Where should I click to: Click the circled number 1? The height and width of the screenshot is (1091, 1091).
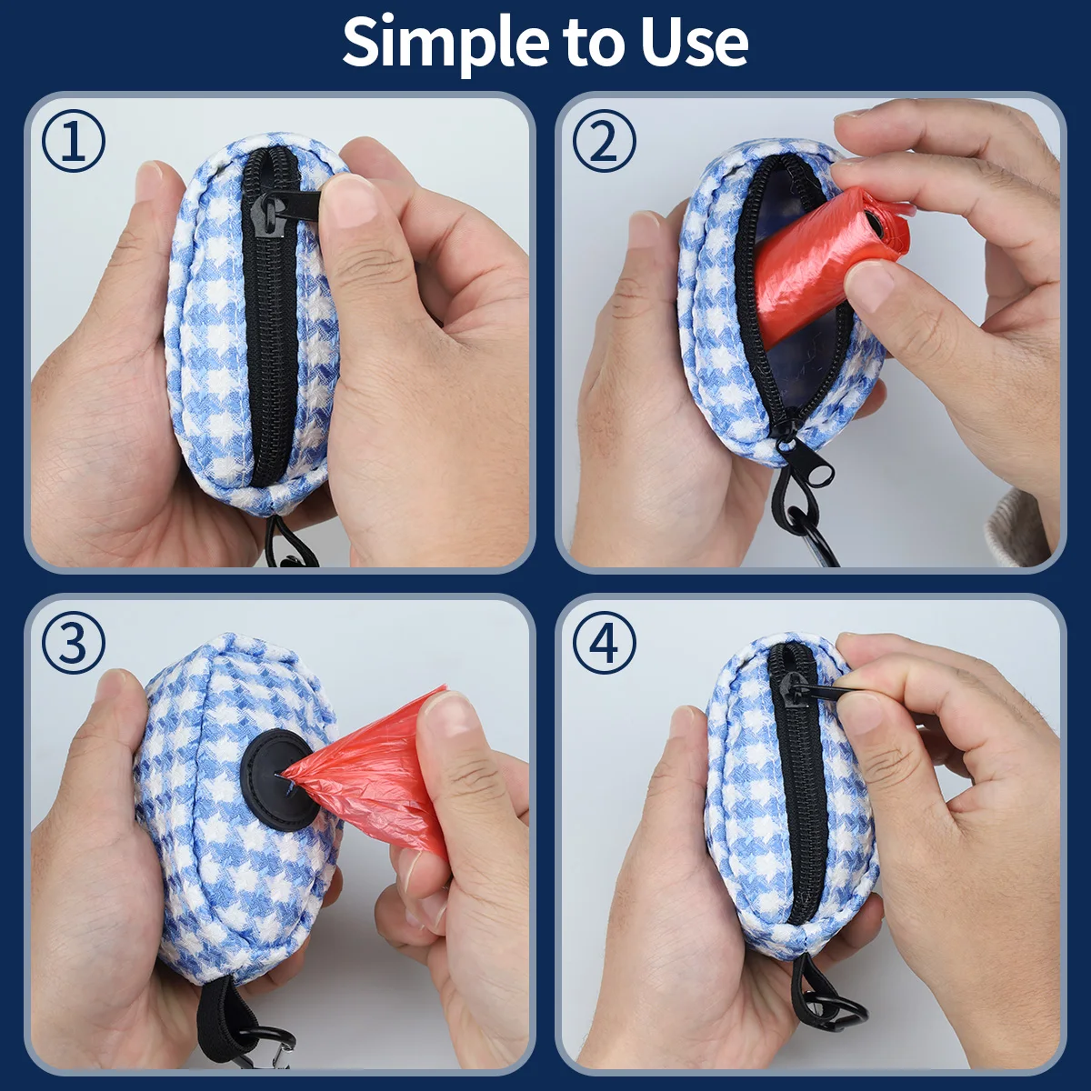[73, 140]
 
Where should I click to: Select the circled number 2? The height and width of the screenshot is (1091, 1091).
[604, 140]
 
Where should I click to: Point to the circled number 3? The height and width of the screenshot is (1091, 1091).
[73, 644]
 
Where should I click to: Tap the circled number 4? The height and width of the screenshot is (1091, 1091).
[604, 644]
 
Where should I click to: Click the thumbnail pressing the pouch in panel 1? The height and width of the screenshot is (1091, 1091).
[352, 204]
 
